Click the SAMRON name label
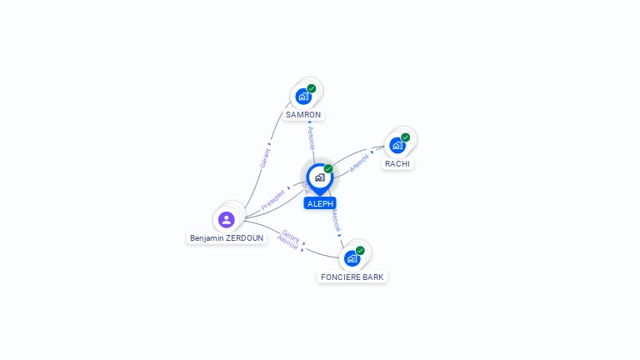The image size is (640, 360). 302,115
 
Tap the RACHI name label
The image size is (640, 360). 397,164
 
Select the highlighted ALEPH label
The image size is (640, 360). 320,203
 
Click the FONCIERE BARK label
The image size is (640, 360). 352,277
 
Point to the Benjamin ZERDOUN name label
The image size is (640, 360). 227,237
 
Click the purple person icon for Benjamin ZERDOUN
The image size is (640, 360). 226,220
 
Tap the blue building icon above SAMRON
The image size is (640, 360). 303,97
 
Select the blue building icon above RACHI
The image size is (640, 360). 397,145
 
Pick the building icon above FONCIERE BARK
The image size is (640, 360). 352,258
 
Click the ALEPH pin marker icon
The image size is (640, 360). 319,177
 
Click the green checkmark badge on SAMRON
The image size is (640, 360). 312,88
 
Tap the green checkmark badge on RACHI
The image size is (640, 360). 406,137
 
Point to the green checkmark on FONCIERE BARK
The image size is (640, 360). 360,250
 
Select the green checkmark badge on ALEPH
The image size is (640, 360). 328,168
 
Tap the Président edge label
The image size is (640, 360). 273,199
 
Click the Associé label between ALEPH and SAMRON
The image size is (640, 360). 311,137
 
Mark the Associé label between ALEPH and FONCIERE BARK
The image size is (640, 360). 335,220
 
